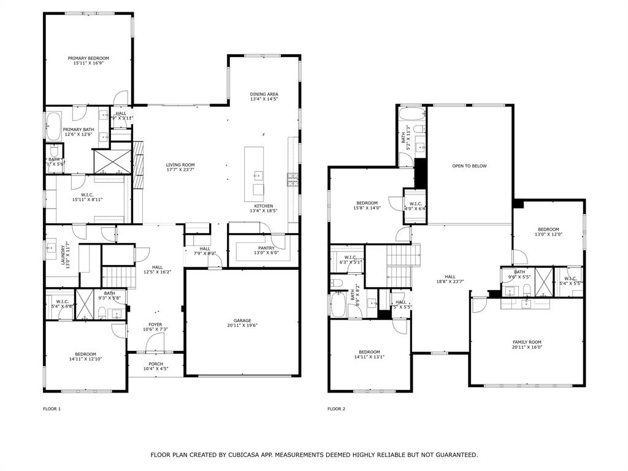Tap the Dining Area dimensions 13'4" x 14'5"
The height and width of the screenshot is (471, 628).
click(x=264, y=99)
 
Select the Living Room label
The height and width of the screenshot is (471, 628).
click(x=180, y=164)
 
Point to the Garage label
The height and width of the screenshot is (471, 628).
click(x=242, y=320)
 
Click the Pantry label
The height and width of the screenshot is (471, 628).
click(x=266, y=248)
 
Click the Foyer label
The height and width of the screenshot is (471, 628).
click(x=155, y=324)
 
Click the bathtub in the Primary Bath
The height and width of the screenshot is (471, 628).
click(x=53, y=126)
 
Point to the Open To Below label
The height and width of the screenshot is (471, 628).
click(x=469, y=166)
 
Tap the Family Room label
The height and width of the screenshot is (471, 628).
click(x=527, y=342)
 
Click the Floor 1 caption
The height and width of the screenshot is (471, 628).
click(x=52, y=408)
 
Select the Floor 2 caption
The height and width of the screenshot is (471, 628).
click(x=336, y=408)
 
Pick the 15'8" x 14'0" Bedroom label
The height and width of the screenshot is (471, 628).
click(x=367, y=203)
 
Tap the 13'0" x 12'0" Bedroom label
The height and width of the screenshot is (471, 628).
click(x=548, y=229)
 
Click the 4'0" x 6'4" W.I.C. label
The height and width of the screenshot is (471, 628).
click(x=415, y=204)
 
